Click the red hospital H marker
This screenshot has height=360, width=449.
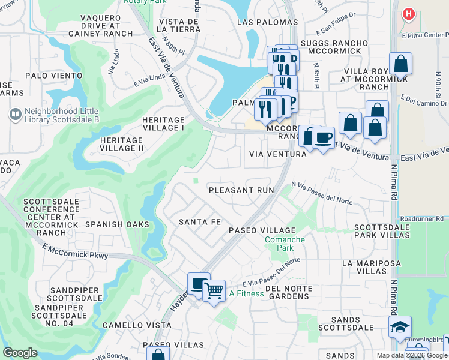pyautogui.click(x=409, y=13)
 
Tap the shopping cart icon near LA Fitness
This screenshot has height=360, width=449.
pyautogui.click(x=213, y=290)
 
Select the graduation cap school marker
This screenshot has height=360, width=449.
pyautogui.click(x=400, y=326)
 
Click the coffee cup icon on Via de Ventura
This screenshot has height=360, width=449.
pyautogui.click(x=324, y=137)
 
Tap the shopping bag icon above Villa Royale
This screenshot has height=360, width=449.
pyautogui.click(x=400, y=63)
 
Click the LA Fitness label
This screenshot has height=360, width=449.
pyautogui.click(x=245, y=293)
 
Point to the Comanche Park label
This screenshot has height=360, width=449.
pyautogui.click(x=285, y=244)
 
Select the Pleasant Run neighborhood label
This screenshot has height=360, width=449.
pyautogui.click(x=241, y=190)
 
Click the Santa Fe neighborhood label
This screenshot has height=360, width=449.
pyautogui.click(x=200, y=222)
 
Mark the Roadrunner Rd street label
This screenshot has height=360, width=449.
pyautogui.click(x=423, y=219)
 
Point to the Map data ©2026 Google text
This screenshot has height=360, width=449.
pyautogui.click(x=411, y=355)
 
